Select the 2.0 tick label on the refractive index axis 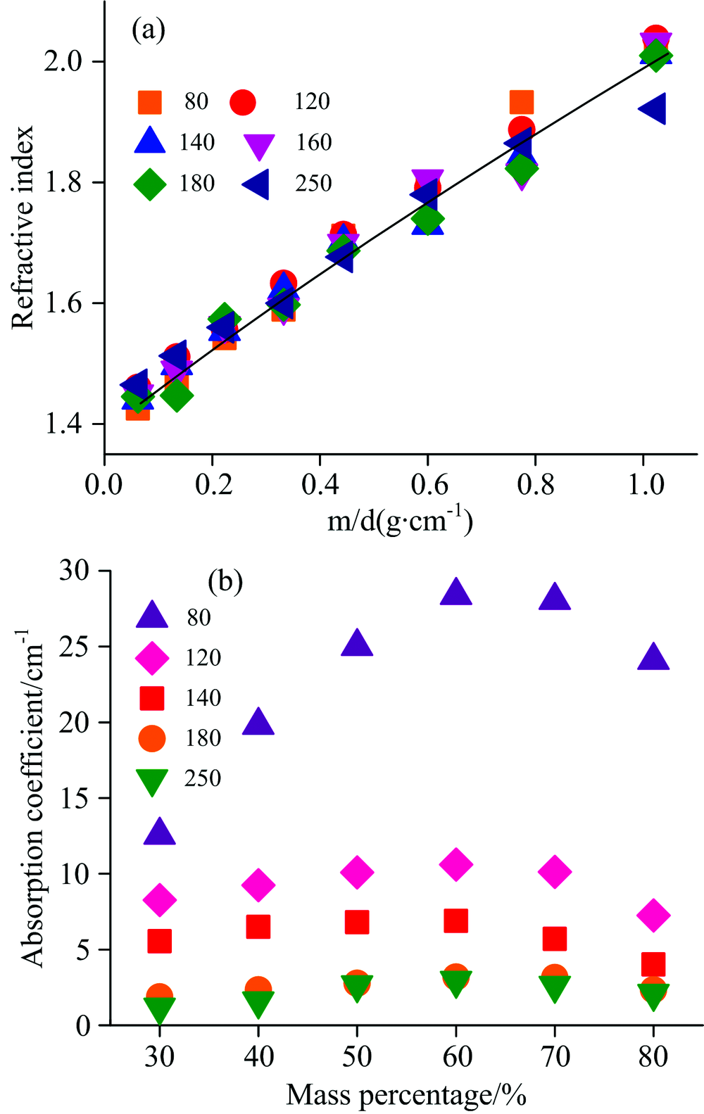[x=63, y=62]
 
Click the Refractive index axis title [x=23, y=227]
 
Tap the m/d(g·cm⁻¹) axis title [x=400, y=522]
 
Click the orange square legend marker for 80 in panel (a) [x=149, y=102]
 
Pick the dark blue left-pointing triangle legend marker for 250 [x=256, y=184]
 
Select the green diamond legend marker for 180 [x=150, y=184]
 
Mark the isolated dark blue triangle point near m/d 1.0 [x=652, y=109]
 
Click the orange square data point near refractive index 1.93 [x=521, y=102]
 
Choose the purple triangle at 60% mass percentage [x=455, y=593]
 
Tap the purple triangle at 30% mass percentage [x=160, y=833]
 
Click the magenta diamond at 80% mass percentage [x=653, y=916]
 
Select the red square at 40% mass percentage [x=258, y=927]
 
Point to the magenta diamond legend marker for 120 [x=152, y=658]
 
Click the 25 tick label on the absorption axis [x=75, y=646]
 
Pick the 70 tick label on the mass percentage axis [x=555, y=1057]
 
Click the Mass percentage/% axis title [x=406, y=1095]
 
